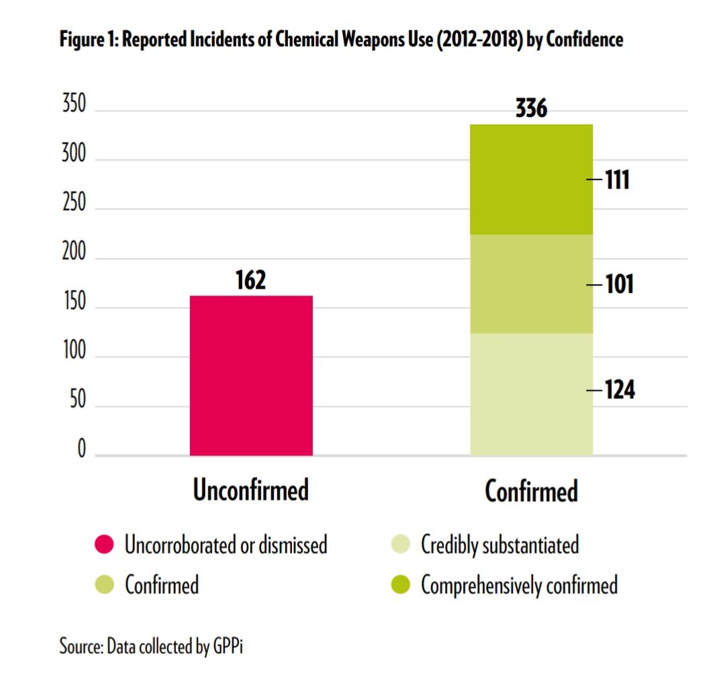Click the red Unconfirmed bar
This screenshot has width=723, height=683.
tap(251, 375)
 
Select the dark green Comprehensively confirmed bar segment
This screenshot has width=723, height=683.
tap(531, 179)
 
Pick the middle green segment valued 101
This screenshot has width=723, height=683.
tap(531, 284)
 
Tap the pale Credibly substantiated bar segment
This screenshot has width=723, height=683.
tap(531, 394)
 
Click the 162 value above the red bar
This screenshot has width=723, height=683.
tap(251, 280)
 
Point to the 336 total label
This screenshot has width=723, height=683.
tap(531, 108)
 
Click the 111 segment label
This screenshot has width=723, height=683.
tap(617, 180)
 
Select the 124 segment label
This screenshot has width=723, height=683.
tap(620, 390)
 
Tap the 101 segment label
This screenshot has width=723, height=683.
tap(619, 284)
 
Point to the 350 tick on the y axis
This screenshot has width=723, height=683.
tap(75, 103)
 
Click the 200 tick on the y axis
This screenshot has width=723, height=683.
tap(75, 252)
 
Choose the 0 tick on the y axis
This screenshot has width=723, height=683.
tap(82, 448)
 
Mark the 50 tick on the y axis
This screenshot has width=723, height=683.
tap(78, 400)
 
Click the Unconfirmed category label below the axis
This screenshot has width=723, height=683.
tap(251, 490)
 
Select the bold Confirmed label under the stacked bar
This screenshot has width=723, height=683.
tap(531, 491)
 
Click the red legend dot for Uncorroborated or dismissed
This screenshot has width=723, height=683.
tap(104, 544)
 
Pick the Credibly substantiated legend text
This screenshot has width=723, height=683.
tap(500, 545)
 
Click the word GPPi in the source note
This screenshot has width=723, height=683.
tap(228, 647)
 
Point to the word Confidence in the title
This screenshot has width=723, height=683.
tap(585, 40)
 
